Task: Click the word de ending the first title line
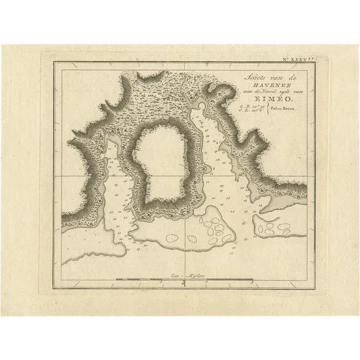pos(273,77)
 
